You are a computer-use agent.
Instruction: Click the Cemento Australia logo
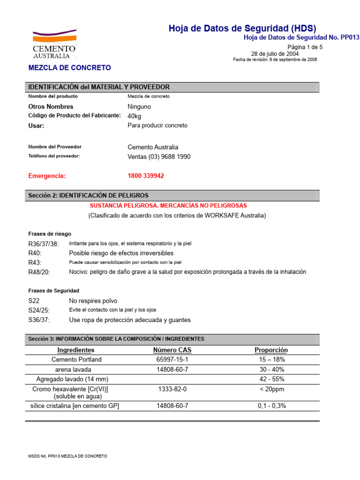click(x=54, y=45)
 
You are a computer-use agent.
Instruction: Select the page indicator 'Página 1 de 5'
click(x=305, y=47)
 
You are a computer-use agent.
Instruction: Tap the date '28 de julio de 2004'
click(x=275, y=53)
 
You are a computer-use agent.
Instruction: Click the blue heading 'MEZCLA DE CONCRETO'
click(x=70, y=67)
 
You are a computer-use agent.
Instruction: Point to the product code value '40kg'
click(x=135, y=116)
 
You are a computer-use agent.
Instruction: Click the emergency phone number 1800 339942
click(x=146, y=176)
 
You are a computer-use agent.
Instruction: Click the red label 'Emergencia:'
click(x=47, y=176)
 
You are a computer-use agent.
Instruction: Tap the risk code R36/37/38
click(x=44, y=244)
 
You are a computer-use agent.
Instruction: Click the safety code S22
click(x=34, y=301)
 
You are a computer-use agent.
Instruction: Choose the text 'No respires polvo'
click(x=93, y=301)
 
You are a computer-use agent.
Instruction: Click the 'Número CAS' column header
click(x=172, y=350)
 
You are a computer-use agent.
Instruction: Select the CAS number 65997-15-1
click(x=172, y=360)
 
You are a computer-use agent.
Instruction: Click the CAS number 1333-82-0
click(x=172, y=389)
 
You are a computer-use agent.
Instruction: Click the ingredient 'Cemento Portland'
click(x=76, y=360)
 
